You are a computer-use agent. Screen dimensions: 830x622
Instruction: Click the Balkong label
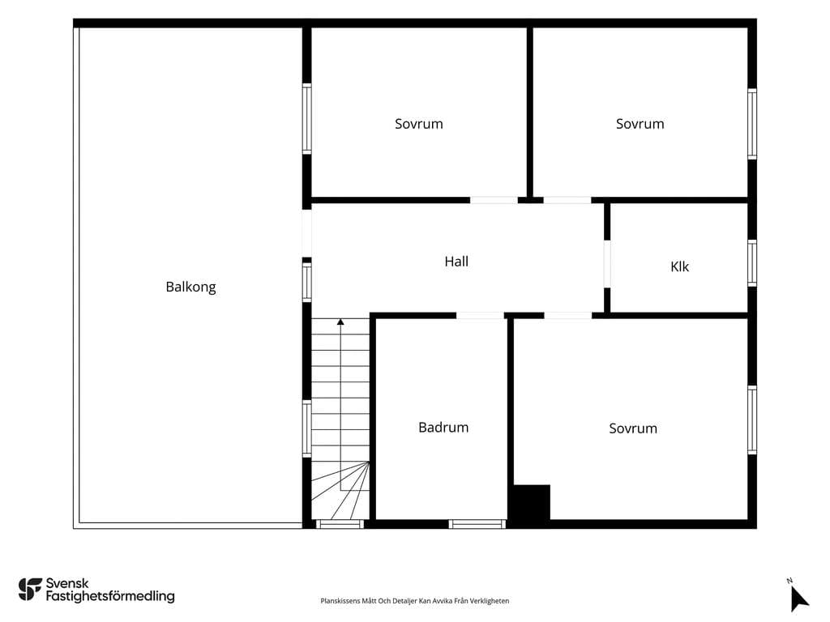[190, 288]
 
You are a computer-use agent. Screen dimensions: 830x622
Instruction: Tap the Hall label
[456, 262]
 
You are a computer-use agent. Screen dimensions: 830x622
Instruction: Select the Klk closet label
[680, 266]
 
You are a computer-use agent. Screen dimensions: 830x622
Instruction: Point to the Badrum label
[443, 428]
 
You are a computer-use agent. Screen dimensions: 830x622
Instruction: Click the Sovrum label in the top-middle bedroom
[419, 124]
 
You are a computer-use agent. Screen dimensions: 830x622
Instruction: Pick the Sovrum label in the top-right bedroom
[640, 124]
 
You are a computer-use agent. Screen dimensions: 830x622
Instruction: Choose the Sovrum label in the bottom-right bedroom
[633, 428]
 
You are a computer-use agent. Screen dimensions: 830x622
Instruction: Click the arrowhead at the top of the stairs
[340, 322]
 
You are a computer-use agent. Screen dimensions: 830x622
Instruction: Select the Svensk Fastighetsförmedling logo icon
[30, 590]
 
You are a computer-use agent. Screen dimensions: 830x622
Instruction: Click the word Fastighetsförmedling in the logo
[110, 597]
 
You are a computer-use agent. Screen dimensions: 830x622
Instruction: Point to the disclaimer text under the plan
[414, 601]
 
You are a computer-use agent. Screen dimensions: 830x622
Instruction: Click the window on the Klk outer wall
[752, 263]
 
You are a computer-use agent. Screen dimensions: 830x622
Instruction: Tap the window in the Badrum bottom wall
[477, 524]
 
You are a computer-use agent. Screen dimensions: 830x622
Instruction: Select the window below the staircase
[340, 524]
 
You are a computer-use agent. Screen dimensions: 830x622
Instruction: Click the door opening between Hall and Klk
[607, 264]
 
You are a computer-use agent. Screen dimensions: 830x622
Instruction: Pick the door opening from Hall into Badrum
[480, 316]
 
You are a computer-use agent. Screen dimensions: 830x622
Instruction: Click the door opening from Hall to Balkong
[307, 233]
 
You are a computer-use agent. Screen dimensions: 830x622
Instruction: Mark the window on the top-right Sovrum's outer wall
[752, 124]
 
